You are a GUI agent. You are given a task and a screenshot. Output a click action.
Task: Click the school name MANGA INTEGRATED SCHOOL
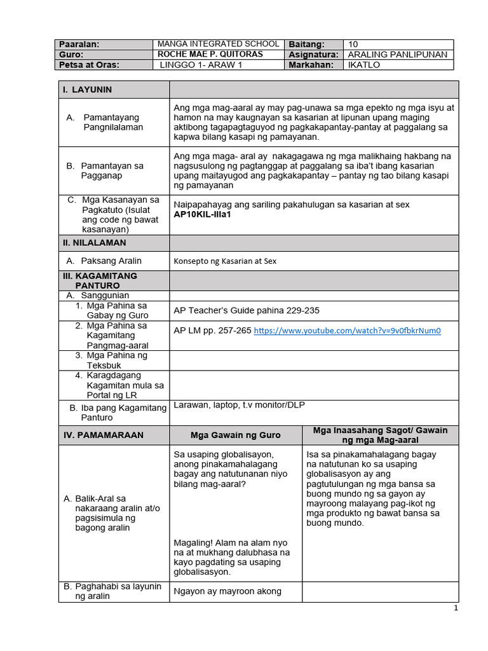pyautogui.click(x=219, y=44)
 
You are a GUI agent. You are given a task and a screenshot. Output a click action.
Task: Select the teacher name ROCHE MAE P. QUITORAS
pyautogui.click(x=210, y=54)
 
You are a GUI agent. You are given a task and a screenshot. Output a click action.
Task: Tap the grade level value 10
pyautogui.click(x=354, y=45)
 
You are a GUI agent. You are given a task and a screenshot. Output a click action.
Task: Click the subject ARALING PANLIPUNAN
pyautogui.click(x=398, y=55)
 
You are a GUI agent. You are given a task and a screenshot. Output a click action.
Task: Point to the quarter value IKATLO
pyautogui.click(x=364, y=65)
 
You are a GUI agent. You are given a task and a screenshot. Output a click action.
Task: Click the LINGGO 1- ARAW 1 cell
pyautogui.click(x=201, y=65)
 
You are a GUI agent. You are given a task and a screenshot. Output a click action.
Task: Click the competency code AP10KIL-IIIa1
pyautogui.click(x=202, y=215)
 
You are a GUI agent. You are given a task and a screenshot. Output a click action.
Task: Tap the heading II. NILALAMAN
pyautogui.click(x=95, y=243)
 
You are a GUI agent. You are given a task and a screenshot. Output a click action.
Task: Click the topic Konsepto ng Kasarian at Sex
pyautogui.click(x=225, y=261)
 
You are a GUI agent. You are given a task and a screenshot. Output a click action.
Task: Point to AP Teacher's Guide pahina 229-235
pyautogui.click(x=247, y=310)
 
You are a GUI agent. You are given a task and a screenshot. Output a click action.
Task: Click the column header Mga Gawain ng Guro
pyautogui.click(x=236, y=435)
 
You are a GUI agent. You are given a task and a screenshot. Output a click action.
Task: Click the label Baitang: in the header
pyautogui.click(x=306, y=45)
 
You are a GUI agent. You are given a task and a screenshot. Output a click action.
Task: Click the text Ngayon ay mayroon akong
pyautogui.click(x=227, y=591)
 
